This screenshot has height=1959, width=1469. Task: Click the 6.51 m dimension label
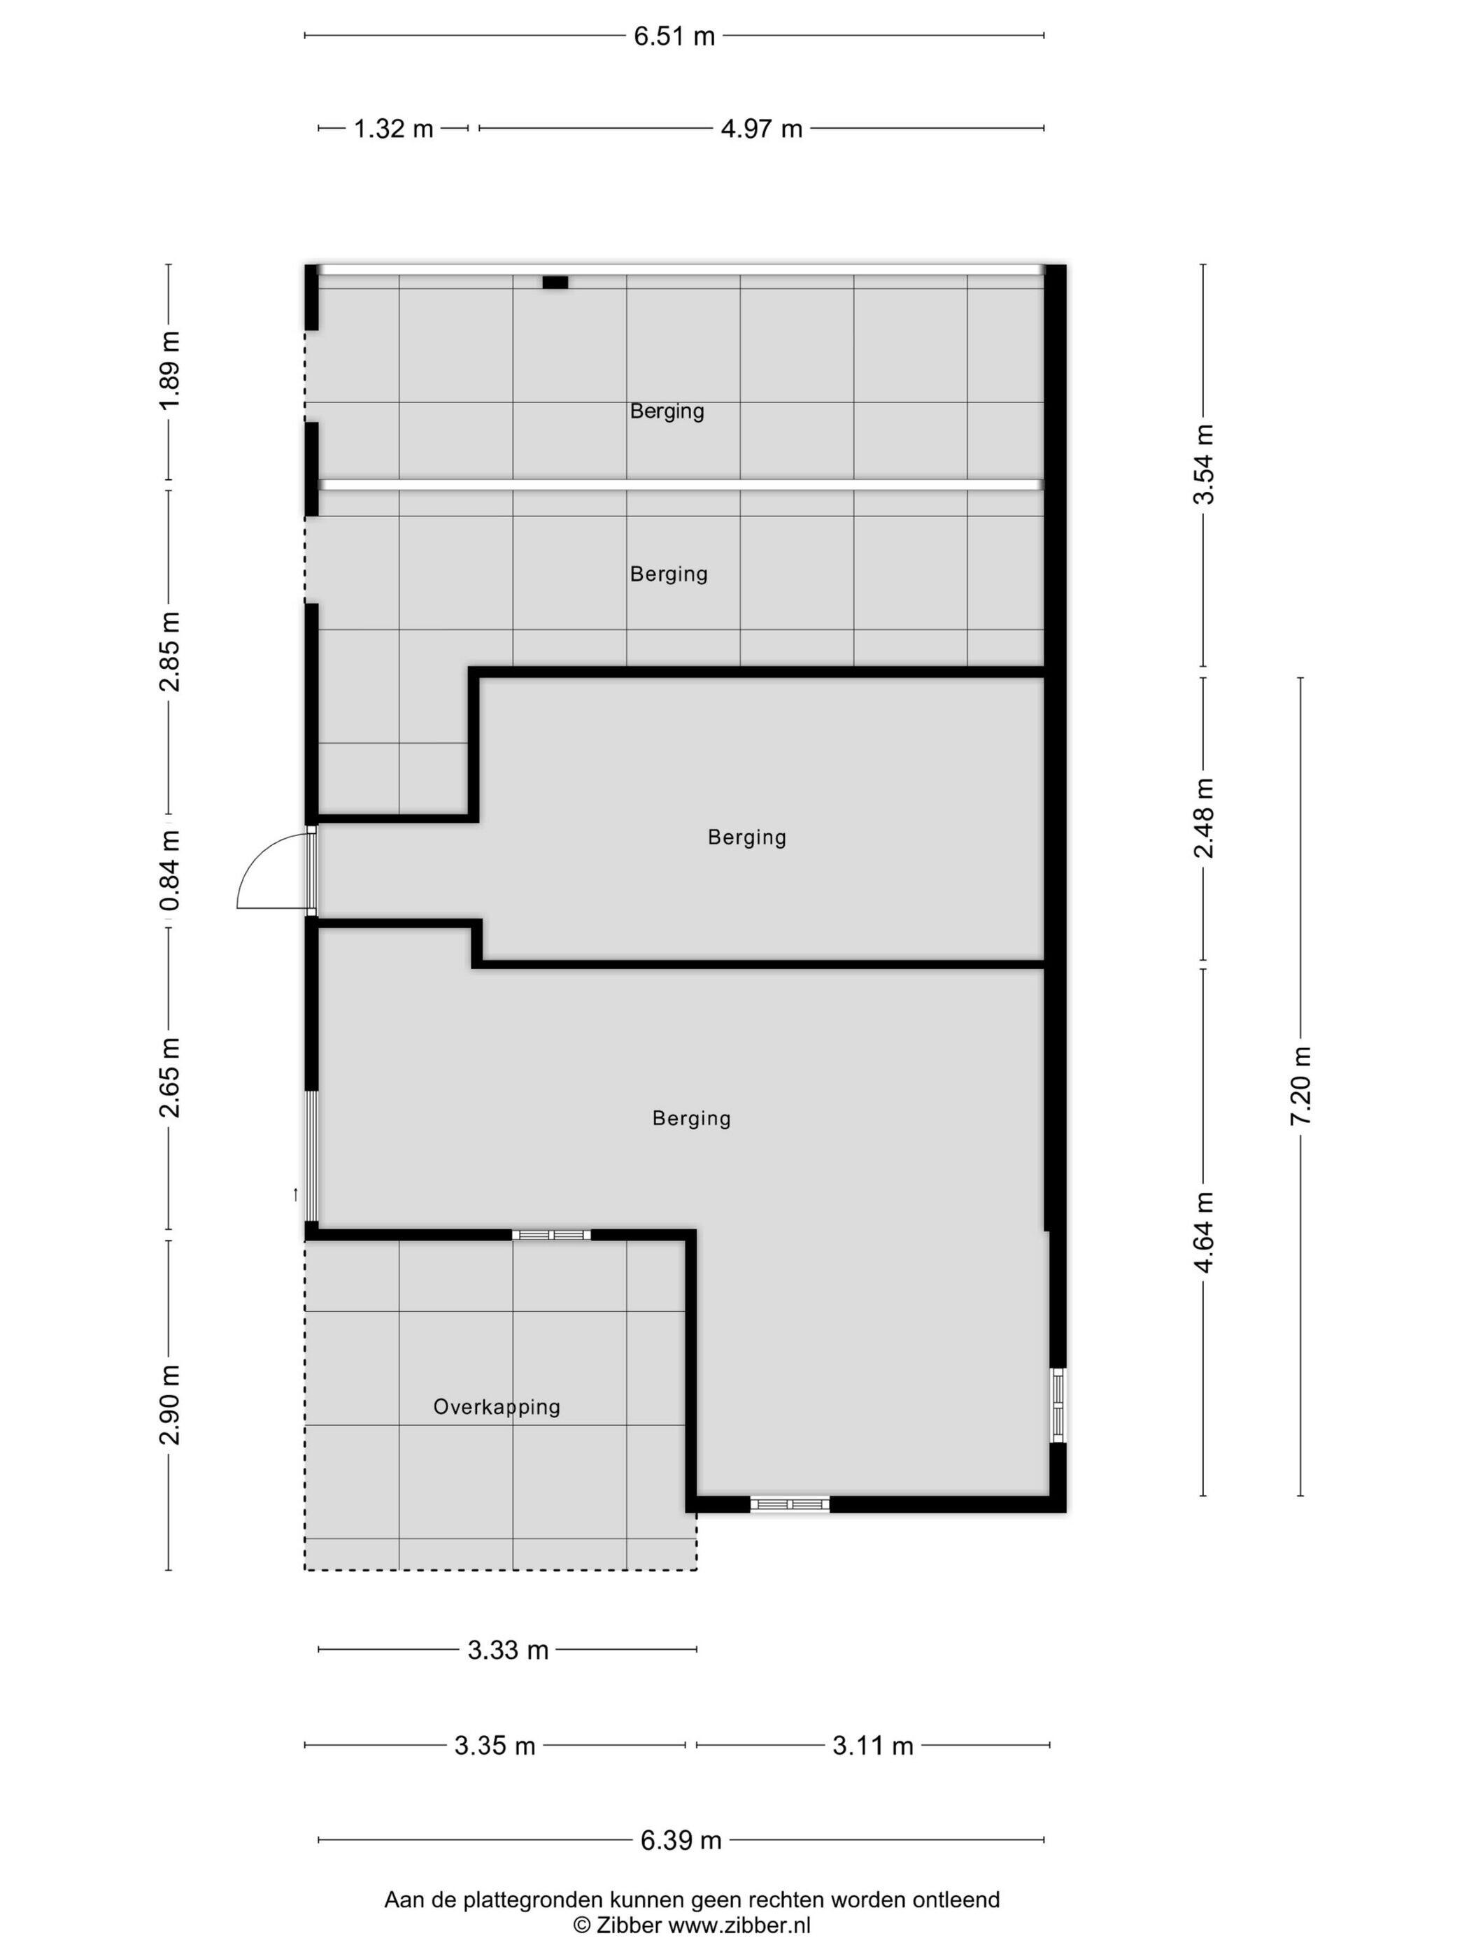tap(674, 36)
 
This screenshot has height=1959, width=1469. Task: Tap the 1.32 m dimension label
tap(393, 129)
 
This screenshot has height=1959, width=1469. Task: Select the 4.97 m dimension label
tap(762, 129)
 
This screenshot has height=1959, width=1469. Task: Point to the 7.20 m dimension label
tap(1300, 1086)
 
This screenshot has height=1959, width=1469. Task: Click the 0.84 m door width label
tap(169, 870)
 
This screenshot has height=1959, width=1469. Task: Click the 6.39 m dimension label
tap(681, 1840)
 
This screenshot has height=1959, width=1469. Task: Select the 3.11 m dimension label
tap(873, 1746)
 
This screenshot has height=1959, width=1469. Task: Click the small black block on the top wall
tap(555, 283)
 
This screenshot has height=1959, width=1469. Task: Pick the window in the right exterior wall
tap(1058, 1406)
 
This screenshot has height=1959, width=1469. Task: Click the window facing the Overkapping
tap(551, 1235)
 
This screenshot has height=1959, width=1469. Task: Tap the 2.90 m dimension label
tap(169, 1405)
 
